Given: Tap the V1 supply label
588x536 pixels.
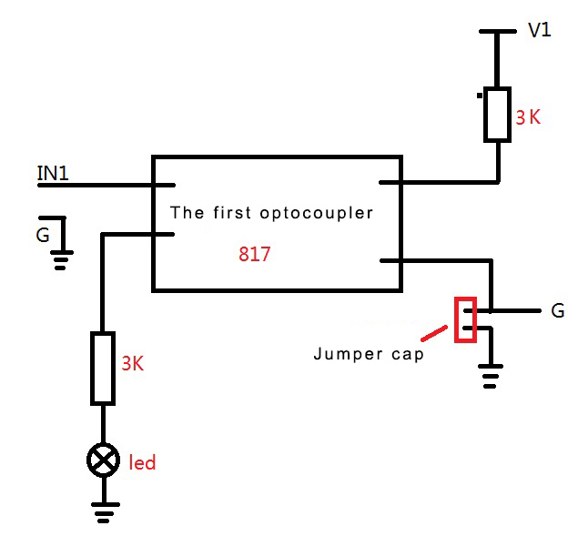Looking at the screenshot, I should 540,30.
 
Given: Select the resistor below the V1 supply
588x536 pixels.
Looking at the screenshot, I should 497,115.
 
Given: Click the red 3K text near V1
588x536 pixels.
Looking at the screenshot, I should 528,117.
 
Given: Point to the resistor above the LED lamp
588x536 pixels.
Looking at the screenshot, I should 103,368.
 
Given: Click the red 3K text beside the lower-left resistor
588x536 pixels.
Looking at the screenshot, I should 133,363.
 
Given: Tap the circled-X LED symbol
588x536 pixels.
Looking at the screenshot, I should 102,461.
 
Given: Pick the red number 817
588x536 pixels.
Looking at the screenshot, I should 254,255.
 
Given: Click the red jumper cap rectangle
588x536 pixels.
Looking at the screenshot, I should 465,319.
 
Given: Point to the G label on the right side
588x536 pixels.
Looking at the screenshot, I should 558,311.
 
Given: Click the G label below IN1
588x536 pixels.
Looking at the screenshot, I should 43,236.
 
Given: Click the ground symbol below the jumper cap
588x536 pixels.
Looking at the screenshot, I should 491,375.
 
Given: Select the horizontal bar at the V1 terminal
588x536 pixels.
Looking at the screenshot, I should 497,32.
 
